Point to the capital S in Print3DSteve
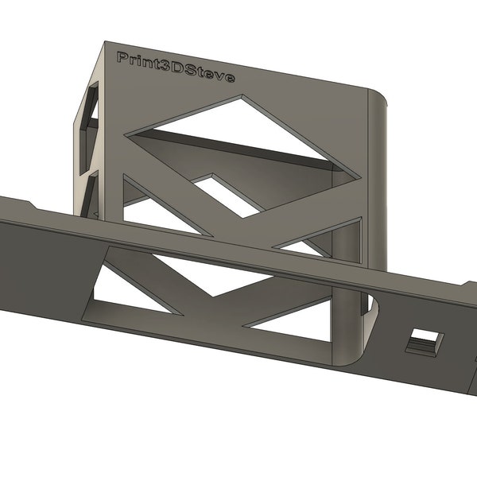click(196, 72)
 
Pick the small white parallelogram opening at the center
click(227, 195)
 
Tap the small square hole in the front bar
click(423, 343)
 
